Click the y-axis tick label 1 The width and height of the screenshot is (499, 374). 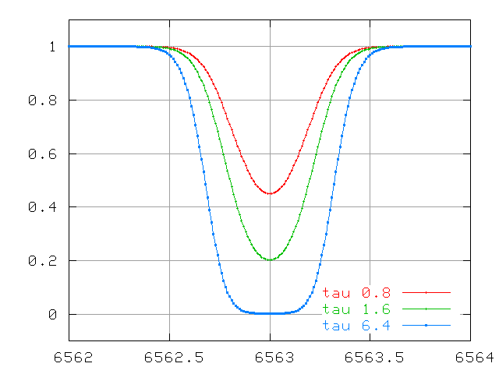(53, 47)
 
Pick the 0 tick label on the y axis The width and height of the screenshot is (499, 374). (53, 315)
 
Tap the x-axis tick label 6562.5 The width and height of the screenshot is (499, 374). (169, 357)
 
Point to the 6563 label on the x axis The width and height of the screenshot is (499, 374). (270, 357)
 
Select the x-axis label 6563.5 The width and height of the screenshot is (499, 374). (370, 357)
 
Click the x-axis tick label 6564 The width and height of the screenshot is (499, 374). (471, 357)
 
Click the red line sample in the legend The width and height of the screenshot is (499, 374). (426, 293)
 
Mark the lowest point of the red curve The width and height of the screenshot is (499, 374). (270, 193)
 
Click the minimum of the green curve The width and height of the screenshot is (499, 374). (270, 259)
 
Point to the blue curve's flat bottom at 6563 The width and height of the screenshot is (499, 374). (270, 313)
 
